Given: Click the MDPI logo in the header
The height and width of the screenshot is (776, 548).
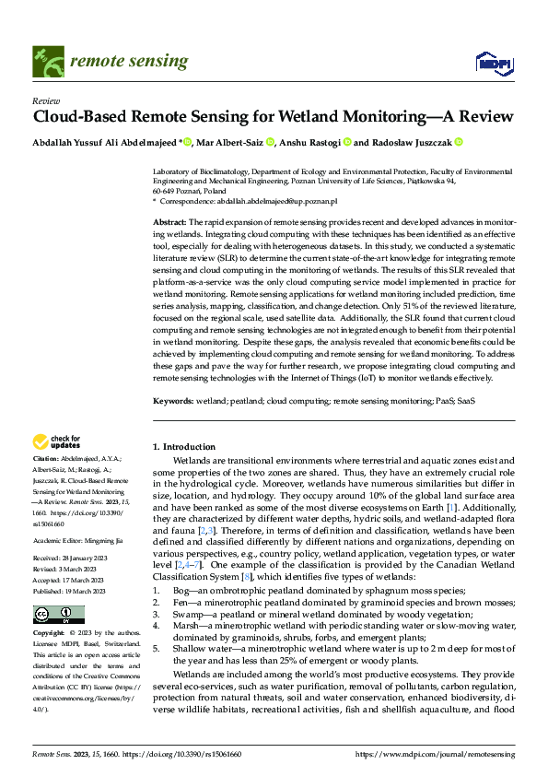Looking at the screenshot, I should [x=493, y=62].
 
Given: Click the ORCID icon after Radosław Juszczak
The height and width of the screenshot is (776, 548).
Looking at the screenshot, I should [x=458, y=143].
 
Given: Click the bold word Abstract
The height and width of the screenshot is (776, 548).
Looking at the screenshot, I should [x=169, y=223].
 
